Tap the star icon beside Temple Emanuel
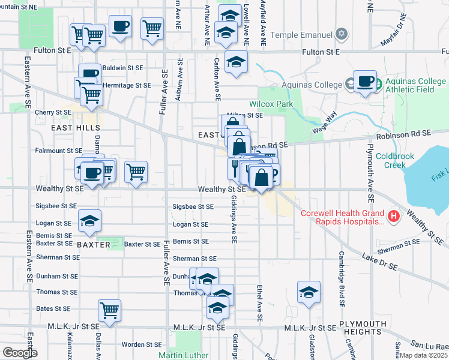point(342,34)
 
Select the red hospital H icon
point(394,216)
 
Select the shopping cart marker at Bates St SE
point(110,310)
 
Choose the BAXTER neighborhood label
point(93,245)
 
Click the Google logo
point(19,353)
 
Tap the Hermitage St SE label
point(126,86)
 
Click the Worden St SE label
point(142,344)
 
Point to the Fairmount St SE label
point(58,151)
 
